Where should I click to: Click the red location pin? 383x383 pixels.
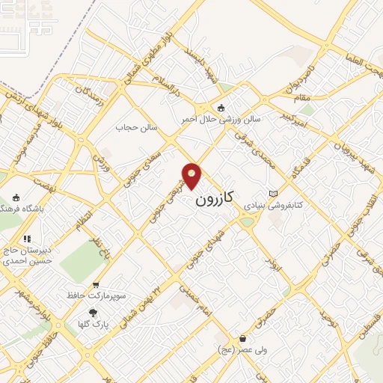tap(192, 175)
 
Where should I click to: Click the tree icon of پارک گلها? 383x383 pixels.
tap(93, 313)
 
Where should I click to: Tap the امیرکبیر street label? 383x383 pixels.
tap(292, 114)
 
